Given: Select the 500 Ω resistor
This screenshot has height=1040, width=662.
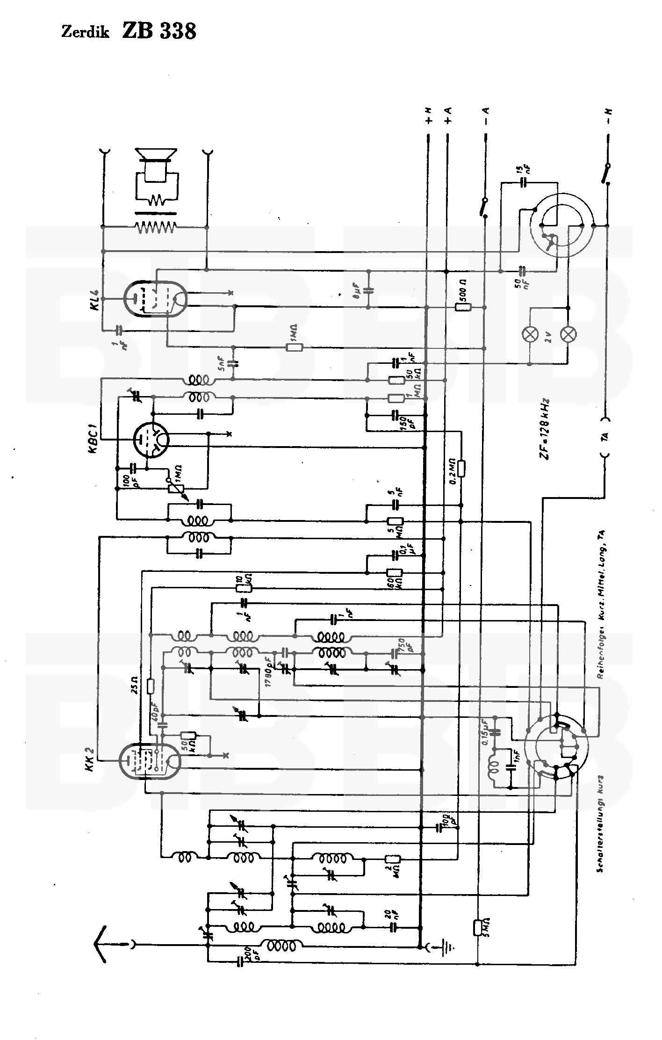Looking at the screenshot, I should click(x=463, y=307).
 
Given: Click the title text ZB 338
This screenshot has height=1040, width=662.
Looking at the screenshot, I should click(x=159, y=31).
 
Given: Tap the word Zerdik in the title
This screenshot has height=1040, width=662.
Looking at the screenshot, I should click(x=85, y=33).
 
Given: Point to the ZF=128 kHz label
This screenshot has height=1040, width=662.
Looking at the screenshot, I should click(x=546, y=430).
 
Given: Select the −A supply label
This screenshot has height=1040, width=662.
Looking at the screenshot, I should click(x=486, y=114).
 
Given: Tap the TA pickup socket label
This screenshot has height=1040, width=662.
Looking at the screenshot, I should click(x=605, y=437).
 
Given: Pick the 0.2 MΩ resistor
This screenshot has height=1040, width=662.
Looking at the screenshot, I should click(x=461, y=469).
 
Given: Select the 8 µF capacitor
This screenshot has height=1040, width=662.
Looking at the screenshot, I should click(x=369, y=290).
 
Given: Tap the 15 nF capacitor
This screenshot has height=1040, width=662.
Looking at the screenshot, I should click(x=523, y=182).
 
